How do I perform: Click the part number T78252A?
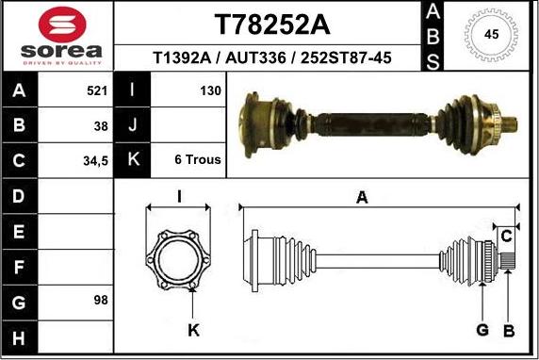point(272,24)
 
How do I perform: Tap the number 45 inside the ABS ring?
point(491,34)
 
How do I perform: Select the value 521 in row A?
point(96,91)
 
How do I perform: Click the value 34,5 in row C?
point(95,160)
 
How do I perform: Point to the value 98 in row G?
point(100,300)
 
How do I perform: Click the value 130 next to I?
point(209,91)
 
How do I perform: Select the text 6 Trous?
point(198,159)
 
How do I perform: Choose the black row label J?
point(133,125)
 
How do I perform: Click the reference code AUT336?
point(259,58)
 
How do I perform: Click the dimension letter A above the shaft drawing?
point(361,197)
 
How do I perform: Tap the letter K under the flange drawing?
point(193,330)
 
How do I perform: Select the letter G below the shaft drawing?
point(482,330)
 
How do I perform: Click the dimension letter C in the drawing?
point(505,234)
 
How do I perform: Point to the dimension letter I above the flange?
point(179,196)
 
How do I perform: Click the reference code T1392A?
point(184,58)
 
